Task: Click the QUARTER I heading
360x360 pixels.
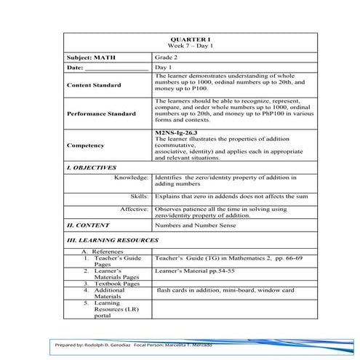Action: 180,39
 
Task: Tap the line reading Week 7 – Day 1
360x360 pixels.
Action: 180,46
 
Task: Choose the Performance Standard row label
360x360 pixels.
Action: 101,114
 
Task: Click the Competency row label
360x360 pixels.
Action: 85,145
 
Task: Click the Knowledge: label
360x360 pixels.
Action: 132,177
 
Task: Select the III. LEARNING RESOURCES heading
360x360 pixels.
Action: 112,239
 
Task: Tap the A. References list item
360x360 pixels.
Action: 106,251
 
